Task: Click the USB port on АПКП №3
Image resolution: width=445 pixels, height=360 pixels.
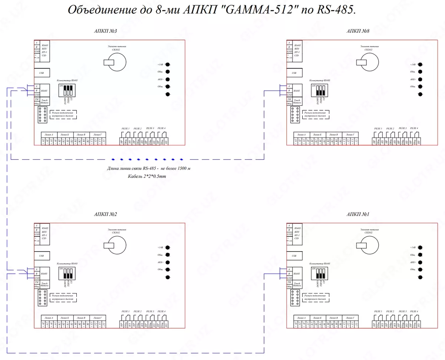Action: point(42,73)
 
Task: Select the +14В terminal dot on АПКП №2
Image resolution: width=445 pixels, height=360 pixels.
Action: point(168,247)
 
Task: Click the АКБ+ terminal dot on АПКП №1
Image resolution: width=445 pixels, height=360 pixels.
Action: point(420,262)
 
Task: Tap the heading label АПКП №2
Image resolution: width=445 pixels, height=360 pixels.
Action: point(106,215)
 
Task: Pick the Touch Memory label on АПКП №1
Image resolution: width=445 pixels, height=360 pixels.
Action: point(297,285)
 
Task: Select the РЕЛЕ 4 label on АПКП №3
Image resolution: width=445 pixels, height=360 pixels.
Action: point(161,128)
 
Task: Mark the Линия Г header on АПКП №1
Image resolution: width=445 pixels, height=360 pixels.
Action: point(350,318)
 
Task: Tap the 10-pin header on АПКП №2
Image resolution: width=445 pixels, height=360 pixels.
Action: point(42,298)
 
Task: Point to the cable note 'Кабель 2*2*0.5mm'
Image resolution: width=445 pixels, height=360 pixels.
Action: point(147,176)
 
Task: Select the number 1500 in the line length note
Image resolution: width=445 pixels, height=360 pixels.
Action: point(182,168)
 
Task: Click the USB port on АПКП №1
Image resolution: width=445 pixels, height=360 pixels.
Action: point(294,256)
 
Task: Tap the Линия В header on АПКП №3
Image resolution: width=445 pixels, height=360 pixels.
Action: point(81,135)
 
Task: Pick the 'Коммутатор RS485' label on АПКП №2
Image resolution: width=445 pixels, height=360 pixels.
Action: point(67,263)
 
